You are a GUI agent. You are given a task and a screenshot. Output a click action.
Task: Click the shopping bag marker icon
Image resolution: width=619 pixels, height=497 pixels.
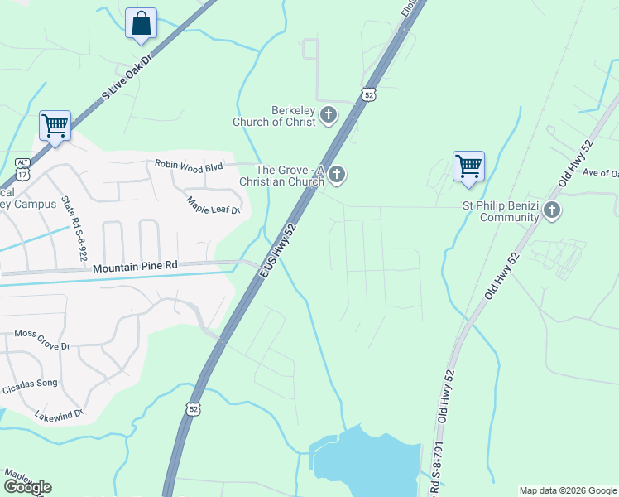[141, 23]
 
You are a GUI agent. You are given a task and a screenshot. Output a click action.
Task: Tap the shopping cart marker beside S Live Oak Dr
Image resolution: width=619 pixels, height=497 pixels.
[55, 126]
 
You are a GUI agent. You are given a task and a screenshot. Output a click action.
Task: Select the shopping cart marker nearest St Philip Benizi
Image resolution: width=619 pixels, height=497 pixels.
[468, 166]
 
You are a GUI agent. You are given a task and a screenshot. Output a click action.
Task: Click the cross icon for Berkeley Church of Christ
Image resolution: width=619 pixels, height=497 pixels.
[329, 114]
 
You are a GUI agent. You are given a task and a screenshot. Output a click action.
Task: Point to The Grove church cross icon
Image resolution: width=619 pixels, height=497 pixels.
[336, 174]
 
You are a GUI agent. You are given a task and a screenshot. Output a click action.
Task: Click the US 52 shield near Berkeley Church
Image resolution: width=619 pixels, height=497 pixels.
[369, 95]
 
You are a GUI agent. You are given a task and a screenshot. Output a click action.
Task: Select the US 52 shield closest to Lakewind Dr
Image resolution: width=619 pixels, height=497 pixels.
[193, 409]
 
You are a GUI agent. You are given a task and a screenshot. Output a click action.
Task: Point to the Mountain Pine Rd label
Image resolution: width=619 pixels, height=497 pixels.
[135, 267]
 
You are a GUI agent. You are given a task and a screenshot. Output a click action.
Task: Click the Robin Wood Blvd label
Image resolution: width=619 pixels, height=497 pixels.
[190, 166]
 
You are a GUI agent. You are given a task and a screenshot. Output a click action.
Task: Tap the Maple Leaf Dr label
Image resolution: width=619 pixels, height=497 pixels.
[213, 205]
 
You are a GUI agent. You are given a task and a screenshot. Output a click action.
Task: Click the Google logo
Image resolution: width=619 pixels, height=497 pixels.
[26, 487]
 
